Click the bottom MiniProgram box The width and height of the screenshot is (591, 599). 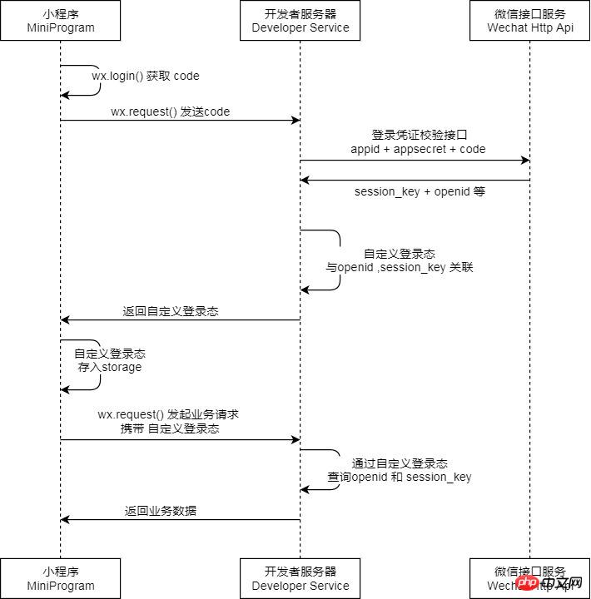pos(60,578)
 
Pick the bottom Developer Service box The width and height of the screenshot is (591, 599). pos(300,578)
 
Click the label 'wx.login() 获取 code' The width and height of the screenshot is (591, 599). pos(146,76)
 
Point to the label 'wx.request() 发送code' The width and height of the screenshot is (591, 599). pos(170,111)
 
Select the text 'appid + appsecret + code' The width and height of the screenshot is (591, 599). pos(418,149)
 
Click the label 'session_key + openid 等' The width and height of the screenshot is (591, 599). pos(420,191)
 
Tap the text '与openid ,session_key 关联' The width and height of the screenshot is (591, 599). pos(399,268)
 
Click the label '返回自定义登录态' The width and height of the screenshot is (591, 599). pos(171,311)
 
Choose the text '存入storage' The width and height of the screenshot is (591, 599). pos(110,366)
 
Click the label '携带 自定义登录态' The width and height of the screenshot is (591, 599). pos(170,428)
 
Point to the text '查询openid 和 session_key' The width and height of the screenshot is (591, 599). pos(400,477)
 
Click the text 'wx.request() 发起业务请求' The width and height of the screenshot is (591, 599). pos(169,413)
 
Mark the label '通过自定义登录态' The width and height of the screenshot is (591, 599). pos(400,463)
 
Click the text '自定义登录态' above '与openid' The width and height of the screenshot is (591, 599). pos(400,253)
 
